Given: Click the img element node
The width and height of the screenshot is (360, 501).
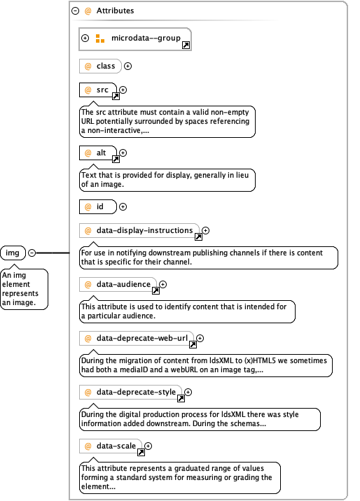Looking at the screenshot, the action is [x=13, y=253].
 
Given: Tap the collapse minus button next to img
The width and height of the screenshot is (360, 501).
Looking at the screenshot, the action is [x=32, y=253].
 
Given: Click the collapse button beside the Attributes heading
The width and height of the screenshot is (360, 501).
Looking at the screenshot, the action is [x=75, y=11].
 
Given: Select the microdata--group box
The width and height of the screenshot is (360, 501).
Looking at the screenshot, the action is [x=135, y=39].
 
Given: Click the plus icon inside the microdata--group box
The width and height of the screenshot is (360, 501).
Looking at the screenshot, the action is [x=85, y=38].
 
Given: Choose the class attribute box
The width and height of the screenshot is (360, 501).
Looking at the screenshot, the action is [x=100, y=66].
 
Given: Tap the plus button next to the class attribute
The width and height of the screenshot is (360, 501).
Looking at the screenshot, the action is [x=128, y=66].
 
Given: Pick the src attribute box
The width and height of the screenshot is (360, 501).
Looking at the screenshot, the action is [x=98, y=90].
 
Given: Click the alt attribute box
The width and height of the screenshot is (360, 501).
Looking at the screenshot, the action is [x=98, y=153].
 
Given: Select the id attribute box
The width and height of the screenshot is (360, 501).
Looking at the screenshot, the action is [x=98, y=206].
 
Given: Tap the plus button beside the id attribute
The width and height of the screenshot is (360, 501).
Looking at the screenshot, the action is [x=123, y=207].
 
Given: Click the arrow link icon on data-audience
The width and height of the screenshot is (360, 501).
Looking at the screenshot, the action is [x=155, y=291].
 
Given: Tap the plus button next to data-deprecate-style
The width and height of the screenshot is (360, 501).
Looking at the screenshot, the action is [x=188, y=392].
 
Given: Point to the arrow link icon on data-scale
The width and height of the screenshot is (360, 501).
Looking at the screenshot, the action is [x=141, y=453].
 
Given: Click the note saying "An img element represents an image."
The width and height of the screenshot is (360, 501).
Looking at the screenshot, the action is [x=24, y=289].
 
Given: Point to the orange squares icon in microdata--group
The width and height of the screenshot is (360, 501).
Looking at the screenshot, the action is [x=100, y=38].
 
